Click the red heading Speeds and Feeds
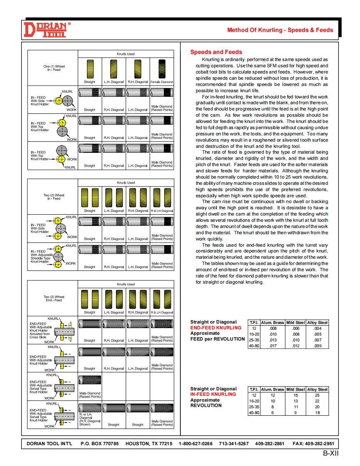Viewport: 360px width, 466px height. pos(216,52)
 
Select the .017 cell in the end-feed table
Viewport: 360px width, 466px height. pos(273,346)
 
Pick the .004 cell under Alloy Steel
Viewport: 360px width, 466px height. pos(318,328)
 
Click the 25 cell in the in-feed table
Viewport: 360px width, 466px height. pos(318,395)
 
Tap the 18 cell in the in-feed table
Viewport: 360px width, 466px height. pos(318,413)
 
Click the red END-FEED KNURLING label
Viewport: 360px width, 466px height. pos(216,328)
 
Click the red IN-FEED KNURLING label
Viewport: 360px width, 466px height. pos(213,395)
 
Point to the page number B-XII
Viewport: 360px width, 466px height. pos(331,453)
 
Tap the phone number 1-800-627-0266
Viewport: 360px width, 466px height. pos(195,444)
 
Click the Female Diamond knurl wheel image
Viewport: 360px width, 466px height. pos(161,69)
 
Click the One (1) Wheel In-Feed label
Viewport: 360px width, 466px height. pos(54,68)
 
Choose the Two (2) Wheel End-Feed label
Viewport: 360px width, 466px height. pos(54,299)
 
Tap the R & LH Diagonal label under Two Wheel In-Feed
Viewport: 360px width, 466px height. pos(161,211)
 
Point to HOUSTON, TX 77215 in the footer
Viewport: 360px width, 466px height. pos(149,444)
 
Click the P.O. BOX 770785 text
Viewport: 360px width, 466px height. pos(99,444)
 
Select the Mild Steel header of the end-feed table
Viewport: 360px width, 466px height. pos(296,322)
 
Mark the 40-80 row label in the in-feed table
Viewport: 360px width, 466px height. pos(254,413)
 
